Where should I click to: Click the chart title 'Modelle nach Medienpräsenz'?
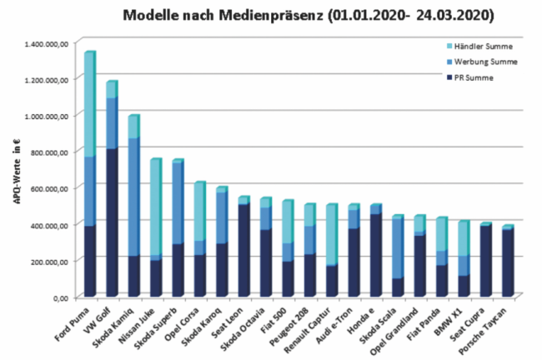pyautogui.click(x=225, y=14)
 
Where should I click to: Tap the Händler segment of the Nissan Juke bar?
pyautogui.click(x=155, y=207)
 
